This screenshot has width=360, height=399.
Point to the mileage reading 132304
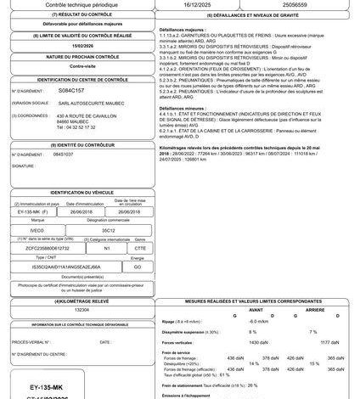pyautogui.click(x=82, y=311)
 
